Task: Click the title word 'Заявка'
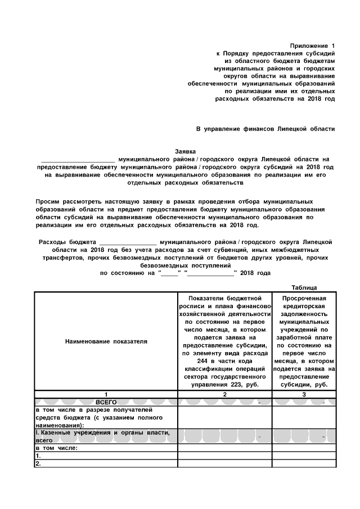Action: click(x=185, y=151)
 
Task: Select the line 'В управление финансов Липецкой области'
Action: click(x=265, y=129)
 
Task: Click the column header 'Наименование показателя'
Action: click(x=106, y=341)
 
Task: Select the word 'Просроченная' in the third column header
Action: click(x=304, y=298)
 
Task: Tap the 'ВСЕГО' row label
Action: click(x=105, y=403)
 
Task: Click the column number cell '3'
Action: click(x=304, y=395)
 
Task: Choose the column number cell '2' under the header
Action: click(x=224, y=395)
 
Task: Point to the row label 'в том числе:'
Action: click(x=56, y=448)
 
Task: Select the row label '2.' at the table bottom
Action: click(x=38, y=464)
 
